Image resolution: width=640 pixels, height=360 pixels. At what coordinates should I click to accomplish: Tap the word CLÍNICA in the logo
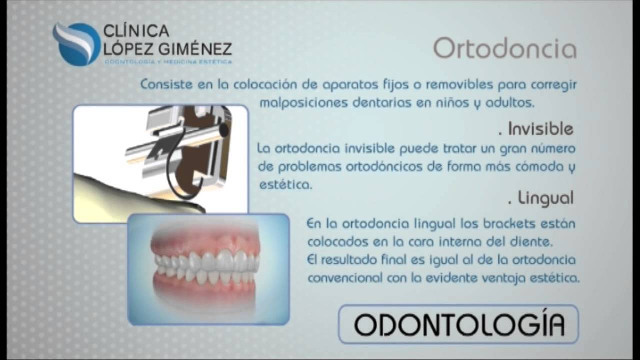pos(136,31)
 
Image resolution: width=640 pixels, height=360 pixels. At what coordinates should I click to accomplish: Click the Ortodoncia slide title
pos(505,48)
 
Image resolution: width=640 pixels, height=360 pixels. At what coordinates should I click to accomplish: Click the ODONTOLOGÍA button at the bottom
pos(459,324)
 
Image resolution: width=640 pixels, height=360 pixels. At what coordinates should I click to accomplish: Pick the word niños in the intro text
pos(452,103)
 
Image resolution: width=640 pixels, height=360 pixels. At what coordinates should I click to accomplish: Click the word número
pos(553,149)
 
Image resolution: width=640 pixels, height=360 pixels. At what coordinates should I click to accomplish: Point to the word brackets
pos(509,224)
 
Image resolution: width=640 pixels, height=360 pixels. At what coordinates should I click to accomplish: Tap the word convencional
pos(345,278)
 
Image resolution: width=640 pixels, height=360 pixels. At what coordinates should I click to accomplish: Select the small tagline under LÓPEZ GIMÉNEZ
pos(168,61)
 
